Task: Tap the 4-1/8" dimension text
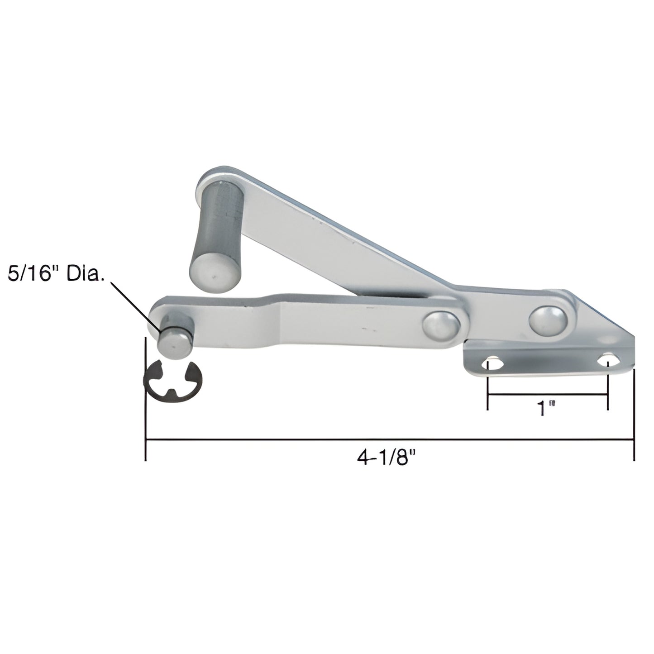tap(386, 458)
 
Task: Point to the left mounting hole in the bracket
tap(492, 364)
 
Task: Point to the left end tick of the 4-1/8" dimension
tap(145, 398)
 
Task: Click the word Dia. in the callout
tap(86, 275)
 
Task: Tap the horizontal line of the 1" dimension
tap(547, 395)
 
